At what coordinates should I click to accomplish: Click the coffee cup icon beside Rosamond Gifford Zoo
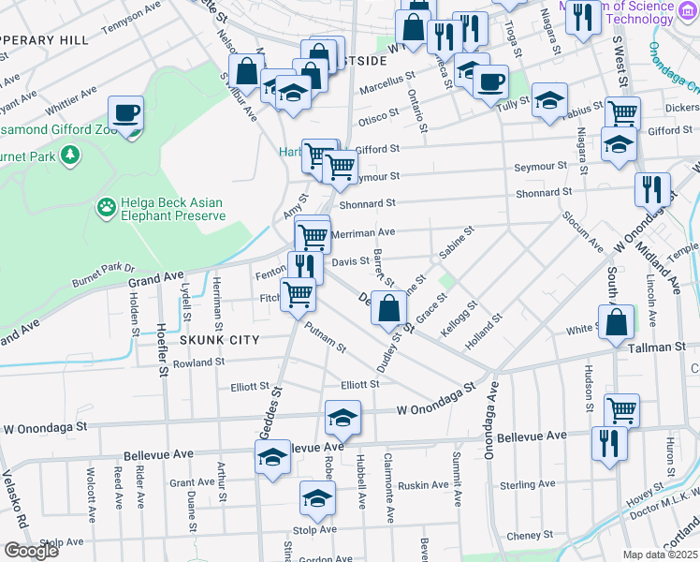(x=125, y=114)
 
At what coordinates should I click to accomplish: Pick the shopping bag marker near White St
(x=617, y=324)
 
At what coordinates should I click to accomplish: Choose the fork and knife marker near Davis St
(x=305, y=267)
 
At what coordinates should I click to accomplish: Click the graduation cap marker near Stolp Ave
(x=318, y=500)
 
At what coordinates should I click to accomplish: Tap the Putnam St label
(x=326, y=337)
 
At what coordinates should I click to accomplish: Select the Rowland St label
(x=198, y=362)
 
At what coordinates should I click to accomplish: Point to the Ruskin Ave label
(x=424, y=485)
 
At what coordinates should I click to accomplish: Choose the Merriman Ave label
(x=365, y=231)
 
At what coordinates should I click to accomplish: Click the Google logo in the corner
(x=31, y=550)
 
